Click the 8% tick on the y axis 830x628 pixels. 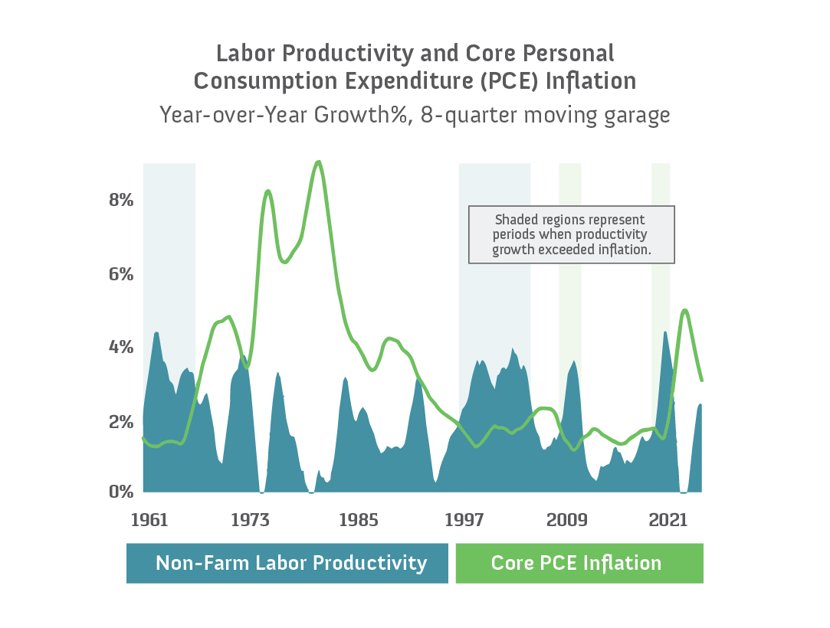coord(122,200)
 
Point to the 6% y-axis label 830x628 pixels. coord(122,273)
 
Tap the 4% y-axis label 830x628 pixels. coord(122,347)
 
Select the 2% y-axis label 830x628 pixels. coord(122,421)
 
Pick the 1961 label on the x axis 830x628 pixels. coord(149,521)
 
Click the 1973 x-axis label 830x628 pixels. coord(249,521)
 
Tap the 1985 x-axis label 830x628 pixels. coord(359,521)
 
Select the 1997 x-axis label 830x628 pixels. coord(464,521)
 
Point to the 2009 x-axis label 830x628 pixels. coord(568,521)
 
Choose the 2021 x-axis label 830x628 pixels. coord(668,521)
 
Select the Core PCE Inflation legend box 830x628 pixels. coord(579,564)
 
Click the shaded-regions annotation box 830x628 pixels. coord(571,234)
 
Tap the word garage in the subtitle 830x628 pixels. coord(636,116)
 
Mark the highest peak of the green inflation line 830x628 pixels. coord(319,162)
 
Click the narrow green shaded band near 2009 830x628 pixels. coord(569,230)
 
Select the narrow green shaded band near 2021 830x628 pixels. coord(661,230)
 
